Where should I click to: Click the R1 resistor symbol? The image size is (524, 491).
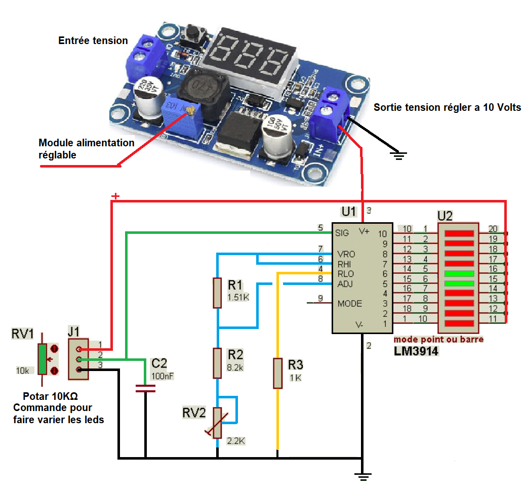[x=217, y=293]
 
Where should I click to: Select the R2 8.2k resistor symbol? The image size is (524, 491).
[x=217, y=363]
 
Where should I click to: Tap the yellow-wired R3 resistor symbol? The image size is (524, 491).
[x=277, y=373]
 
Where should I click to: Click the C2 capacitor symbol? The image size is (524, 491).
[x=145, y=389]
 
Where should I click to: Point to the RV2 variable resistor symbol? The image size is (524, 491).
[x=218, y=422]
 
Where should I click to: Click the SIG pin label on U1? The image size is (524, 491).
[x=342, y=233]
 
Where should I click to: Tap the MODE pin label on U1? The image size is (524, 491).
[x=350, y=304]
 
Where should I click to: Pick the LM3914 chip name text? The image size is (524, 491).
[x=417, y=350]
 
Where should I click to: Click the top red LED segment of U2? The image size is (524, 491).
[x=460, y=234]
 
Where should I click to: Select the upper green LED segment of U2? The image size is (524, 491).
[x=460, y=274]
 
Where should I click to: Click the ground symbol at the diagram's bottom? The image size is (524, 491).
[x=362, y=475]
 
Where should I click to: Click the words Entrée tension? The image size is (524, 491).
[x=93, y=40]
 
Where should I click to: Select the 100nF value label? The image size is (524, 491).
[x=163, y=376]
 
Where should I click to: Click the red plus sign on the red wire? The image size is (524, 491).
[x=115, y=196]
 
